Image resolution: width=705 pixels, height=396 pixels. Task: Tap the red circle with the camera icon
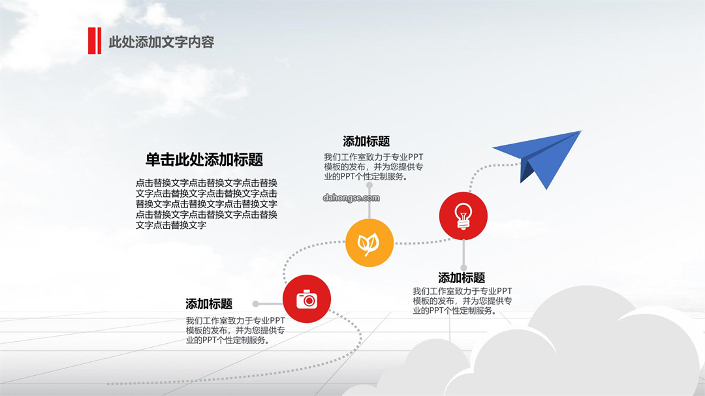click(x=307, y=299)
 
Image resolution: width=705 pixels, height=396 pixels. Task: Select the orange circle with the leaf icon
click(x=369, y=243)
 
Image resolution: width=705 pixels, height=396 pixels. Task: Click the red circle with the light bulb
click(x=463, y=216)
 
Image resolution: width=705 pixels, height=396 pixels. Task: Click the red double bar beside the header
click(x=95, y=41)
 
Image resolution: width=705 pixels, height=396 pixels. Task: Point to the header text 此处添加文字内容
click(x=161, y=42)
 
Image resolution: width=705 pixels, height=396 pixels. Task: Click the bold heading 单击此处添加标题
click(x=204, y=160)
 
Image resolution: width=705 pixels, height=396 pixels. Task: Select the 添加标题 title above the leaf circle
click(x=366, y=142)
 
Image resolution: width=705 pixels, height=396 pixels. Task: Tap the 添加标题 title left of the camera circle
click(x=209, y=304)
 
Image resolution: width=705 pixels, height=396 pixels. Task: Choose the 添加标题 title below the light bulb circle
click(x=462, y=278)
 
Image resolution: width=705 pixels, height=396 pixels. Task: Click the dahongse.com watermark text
click(x=351, y=198)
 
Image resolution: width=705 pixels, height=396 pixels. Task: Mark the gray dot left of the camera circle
click(x=255, y=304)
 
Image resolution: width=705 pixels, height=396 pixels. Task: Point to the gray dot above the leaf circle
click(x=369, y=185)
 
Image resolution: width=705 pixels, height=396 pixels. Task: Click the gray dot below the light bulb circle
click(x=463, y=268)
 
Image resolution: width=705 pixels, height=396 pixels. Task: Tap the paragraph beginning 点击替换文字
click(x=206, y=204)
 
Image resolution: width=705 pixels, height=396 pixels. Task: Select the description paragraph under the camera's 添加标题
click(x=235, y=330)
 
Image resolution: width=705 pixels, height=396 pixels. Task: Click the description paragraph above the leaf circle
click(x=373, y=167)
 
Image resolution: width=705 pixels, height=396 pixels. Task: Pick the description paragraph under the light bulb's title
click(x=462, y=301)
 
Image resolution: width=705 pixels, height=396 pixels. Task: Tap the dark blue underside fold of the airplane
click(x=526, y=172)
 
